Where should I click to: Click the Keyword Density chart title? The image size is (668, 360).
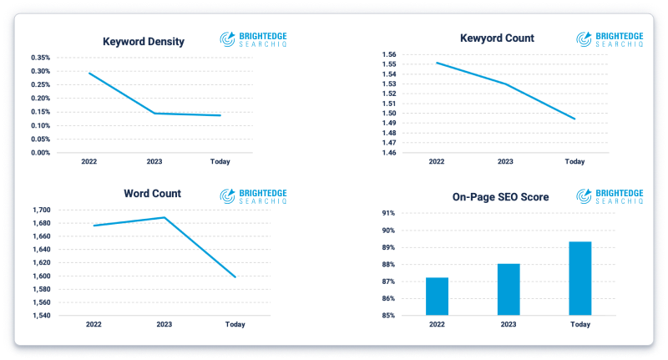point(144,42)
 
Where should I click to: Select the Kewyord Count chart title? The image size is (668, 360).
point(498,38)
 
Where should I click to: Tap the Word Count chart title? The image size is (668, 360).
point(152,193)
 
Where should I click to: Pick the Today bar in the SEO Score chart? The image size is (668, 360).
point(580,278)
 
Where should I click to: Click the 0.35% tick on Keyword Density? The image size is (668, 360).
point(40,58)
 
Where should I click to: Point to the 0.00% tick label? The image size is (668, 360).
point(40,153)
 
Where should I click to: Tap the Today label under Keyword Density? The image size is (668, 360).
point(220,162)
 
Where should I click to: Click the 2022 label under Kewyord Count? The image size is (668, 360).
point(435,162)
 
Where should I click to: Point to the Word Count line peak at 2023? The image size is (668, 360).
point(164,217)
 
